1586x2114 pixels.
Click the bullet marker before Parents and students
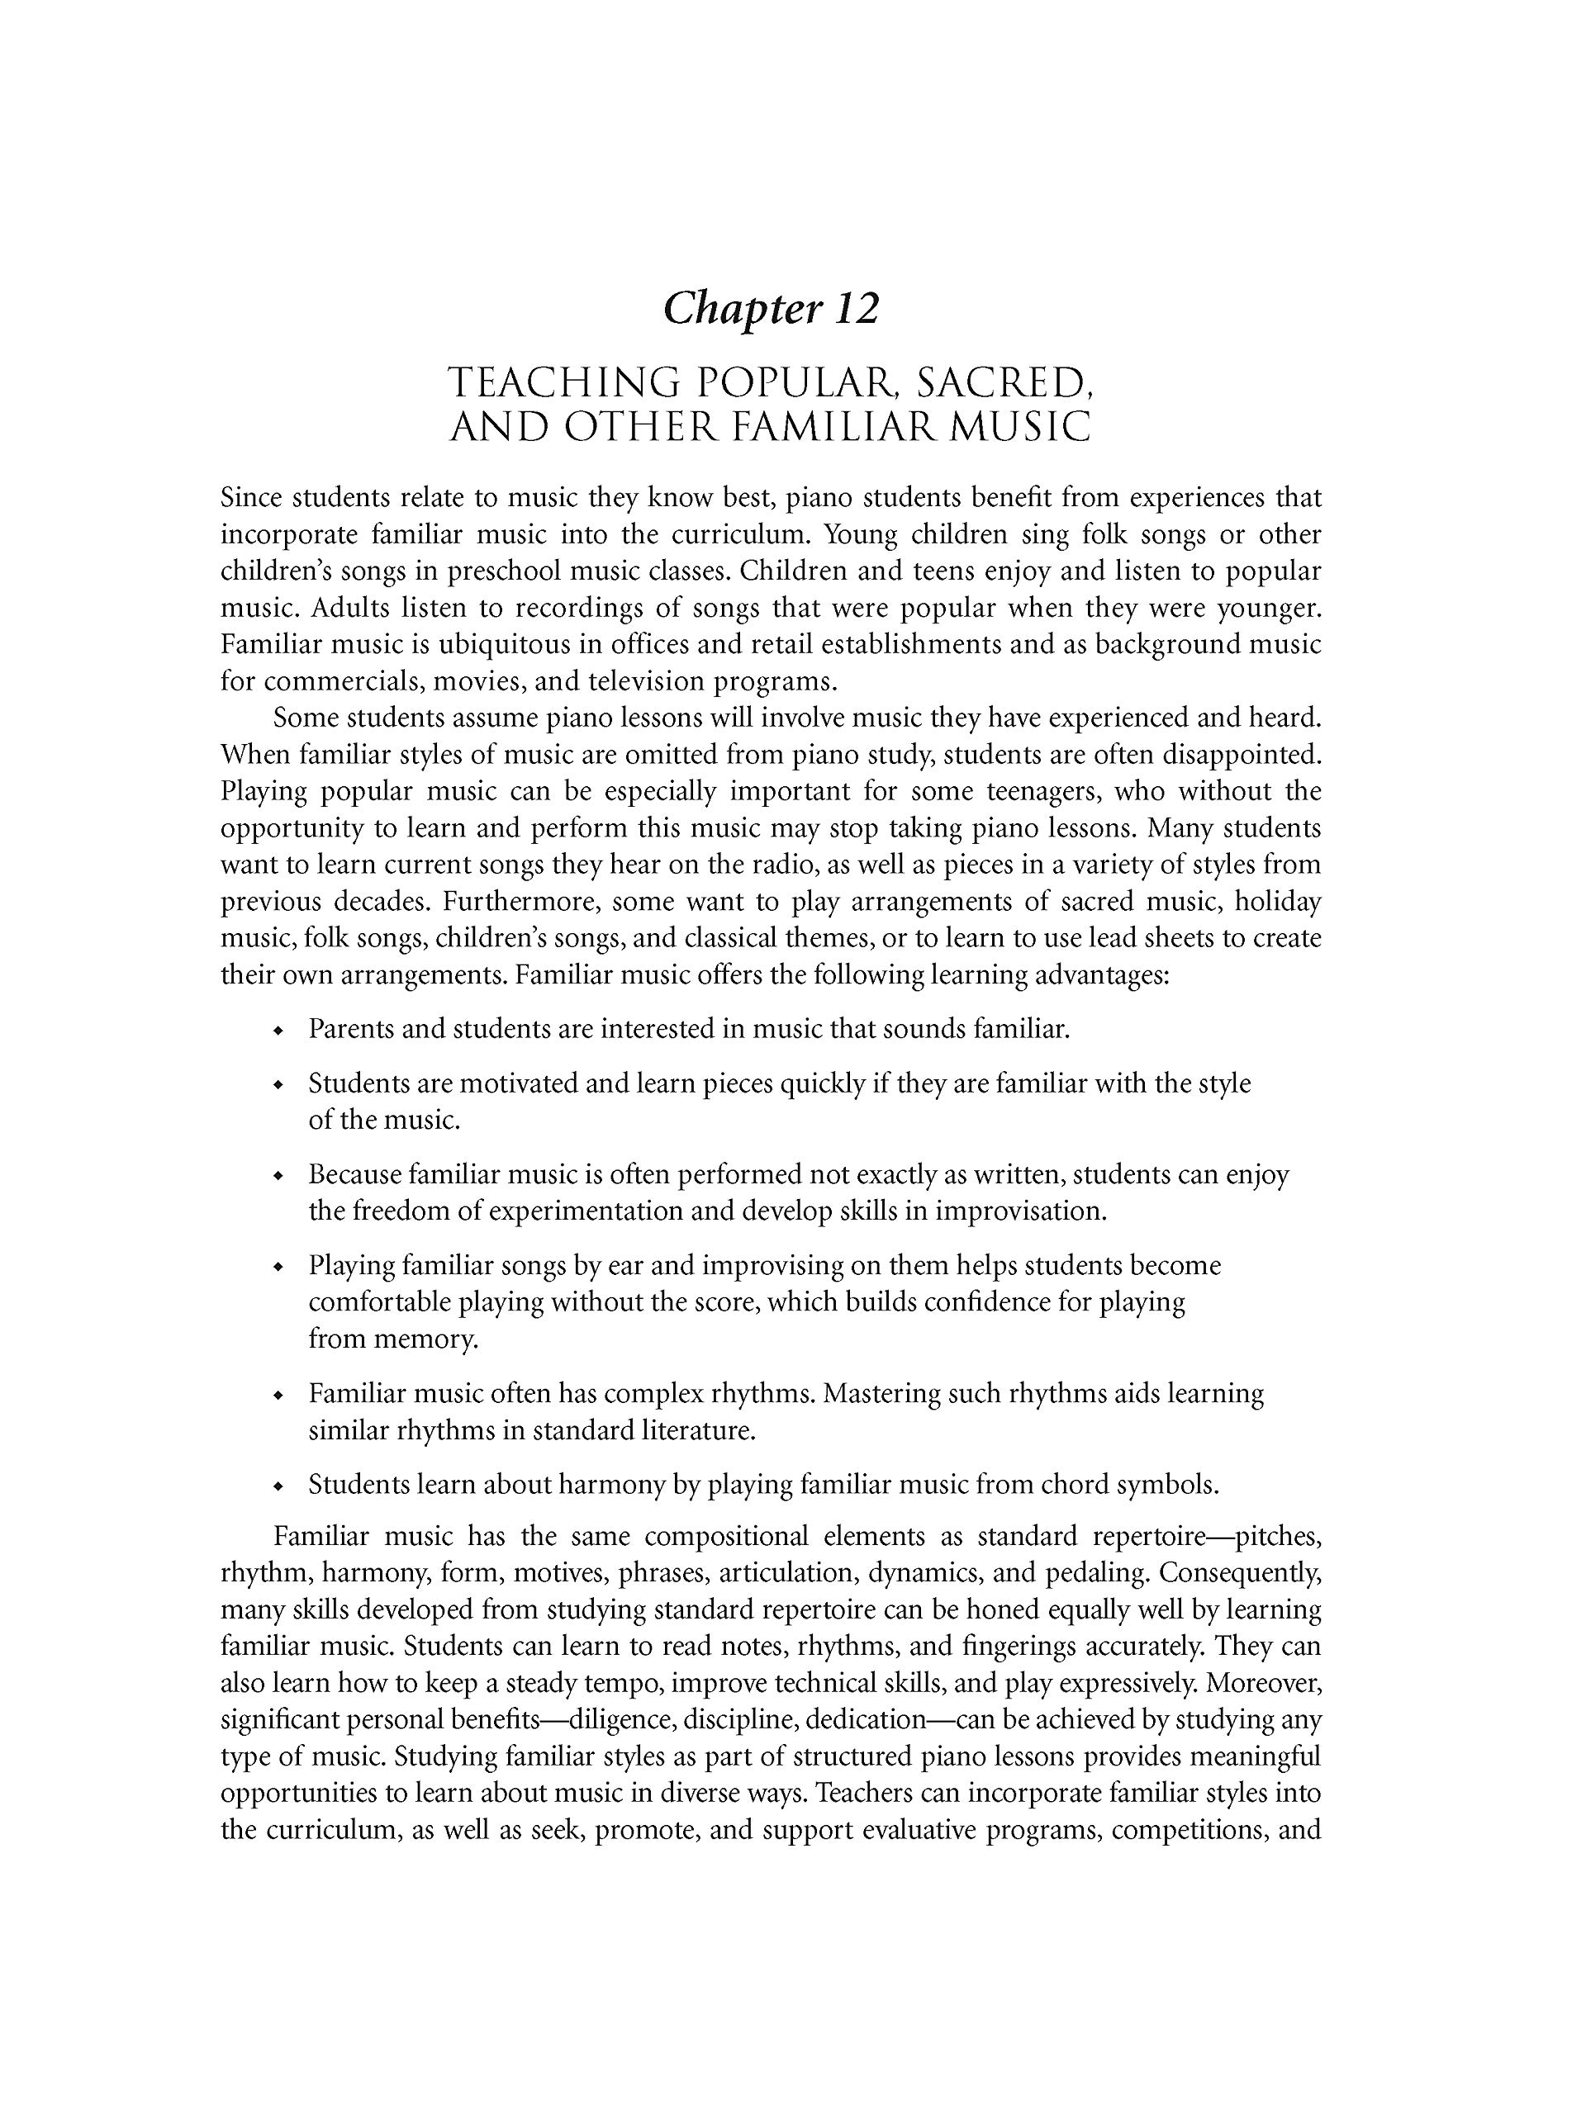(x=278, y=1031)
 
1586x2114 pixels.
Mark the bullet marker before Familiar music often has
(x=278, y=1396)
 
